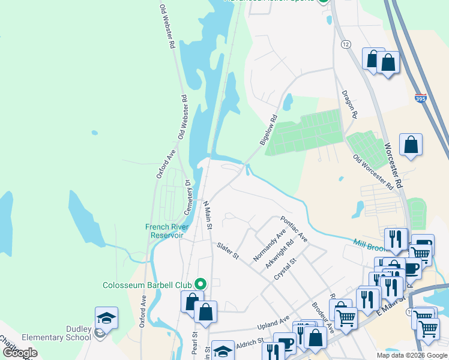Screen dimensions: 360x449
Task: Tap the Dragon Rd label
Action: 349,104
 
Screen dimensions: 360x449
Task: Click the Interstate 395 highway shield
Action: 421,97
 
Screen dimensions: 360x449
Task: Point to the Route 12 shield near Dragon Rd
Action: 345,44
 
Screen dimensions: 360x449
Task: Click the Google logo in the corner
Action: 20,353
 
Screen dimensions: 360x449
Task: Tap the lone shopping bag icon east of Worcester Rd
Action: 411,145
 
